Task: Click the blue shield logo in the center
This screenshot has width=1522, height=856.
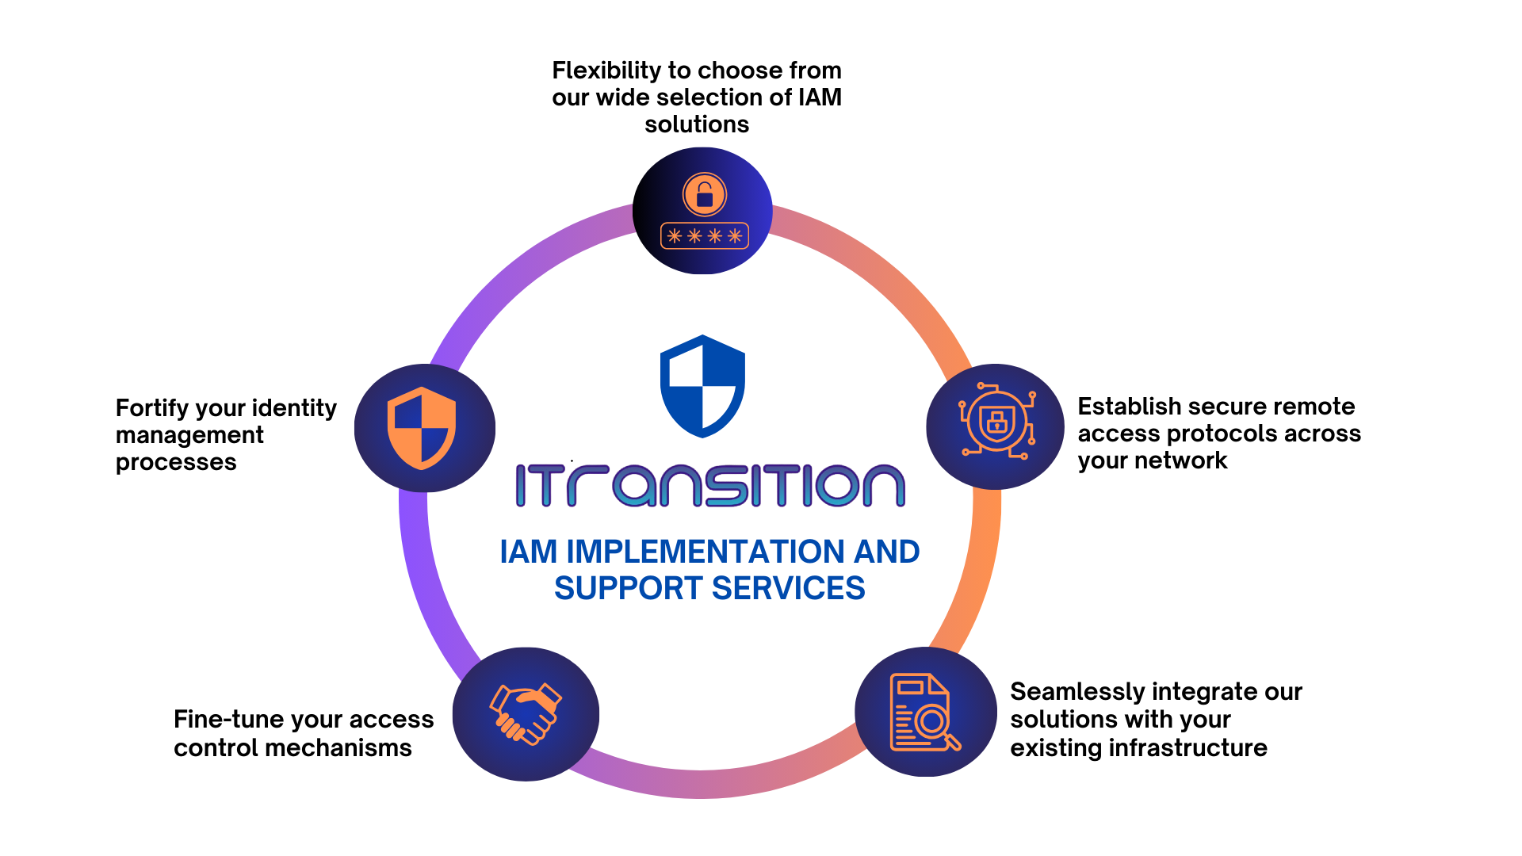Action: coord(702,386)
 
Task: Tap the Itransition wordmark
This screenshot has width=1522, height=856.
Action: coord(710,485)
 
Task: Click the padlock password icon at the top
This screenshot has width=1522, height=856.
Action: coord(704,211)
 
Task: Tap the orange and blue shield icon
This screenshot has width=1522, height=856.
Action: coord(422,428)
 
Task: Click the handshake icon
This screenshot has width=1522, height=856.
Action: coord(526,713)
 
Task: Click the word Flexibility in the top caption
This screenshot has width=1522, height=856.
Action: coord(606,71)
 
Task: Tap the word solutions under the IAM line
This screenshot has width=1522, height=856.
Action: coord(697,124)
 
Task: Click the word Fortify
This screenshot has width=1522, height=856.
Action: coord(152,408)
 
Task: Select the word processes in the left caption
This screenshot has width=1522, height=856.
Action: coord(176,463)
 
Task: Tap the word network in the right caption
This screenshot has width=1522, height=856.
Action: coord(1181,460)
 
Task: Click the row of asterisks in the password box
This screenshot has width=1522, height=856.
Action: coord(705,235)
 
